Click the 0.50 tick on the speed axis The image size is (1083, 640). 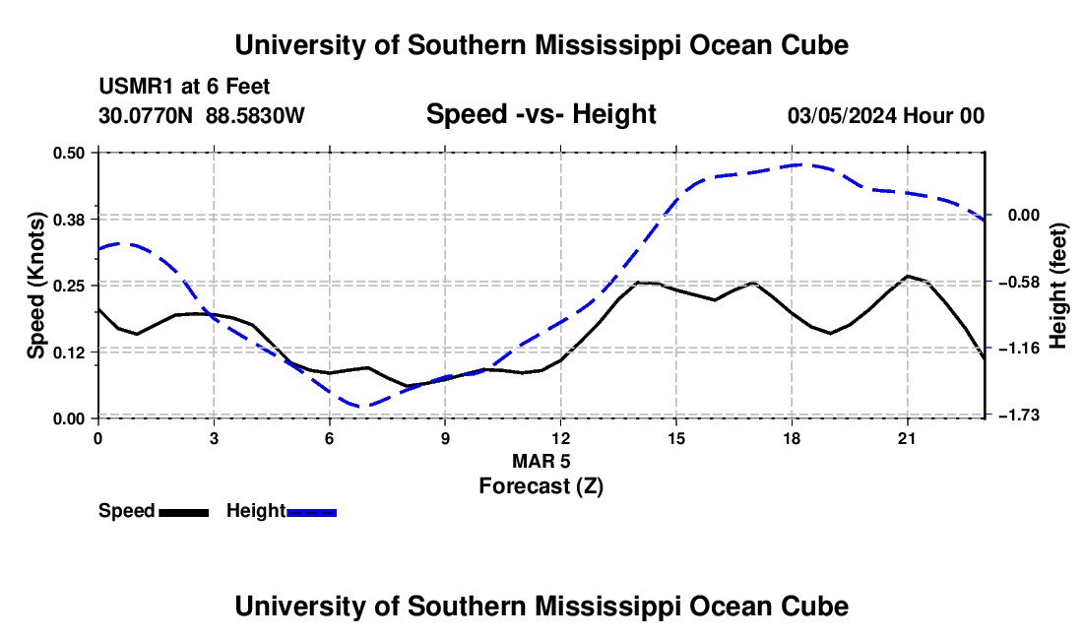[68, 153]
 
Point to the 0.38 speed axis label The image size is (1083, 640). [68, 220]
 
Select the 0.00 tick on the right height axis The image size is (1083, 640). [1024, 216]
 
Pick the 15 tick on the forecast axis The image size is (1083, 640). [676, 438]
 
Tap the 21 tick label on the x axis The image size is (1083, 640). [907, 438]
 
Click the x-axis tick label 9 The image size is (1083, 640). [445, 438]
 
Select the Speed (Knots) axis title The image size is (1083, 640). [36, 286]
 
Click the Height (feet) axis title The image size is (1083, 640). [1058, 286]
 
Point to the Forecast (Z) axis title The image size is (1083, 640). [541, 486]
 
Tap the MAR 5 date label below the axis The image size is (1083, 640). [541, 461]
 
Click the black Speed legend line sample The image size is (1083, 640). [184, 513]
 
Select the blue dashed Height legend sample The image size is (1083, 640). [311, 513]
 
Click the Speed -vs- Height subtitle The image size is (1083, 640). [541, 114]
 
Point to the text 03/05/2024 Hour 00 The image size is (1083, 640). [886, 115]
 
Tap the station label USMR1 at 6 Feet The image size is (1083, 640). [184, 87]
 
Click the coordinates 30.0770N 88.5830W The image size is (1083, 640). [202, 115]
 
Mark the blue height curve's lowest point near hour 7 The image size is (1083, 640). [362, 407]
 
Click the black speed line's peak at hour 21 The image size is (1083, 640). [907, 276]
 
